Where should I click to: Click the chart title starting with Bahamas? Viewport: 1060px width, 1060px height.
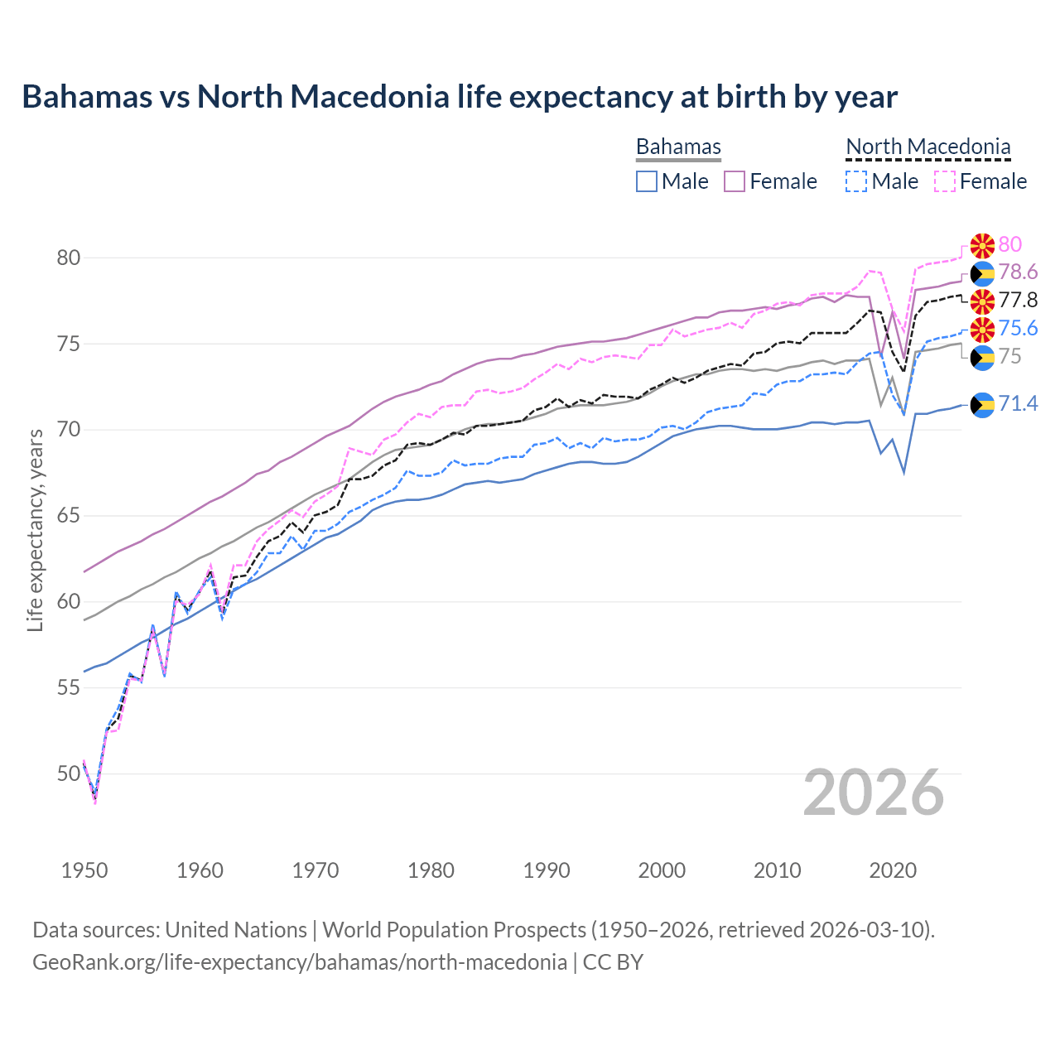(460, 97)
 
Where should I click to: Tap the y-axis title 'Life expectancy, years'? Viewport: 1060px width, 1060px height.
(35, 530)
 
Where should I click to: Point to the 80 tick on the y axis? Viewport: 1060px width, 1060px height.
(69, 258)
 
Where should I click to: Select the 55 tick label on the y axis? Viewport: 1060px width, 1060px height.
(69, 687)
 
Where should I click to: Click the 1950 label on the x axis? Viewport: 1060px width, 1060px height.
(84, 870)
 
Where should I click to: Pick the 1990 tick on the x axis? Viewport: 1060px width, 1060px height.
(547, 870)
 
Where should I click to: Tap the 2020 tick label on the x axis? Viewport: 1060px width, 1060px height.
(893, 870)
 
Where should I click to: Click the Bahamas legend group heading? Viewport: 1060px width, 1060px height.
(678, 147)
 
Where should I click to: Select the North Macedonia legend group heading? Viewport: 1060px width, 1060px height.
(927, 147)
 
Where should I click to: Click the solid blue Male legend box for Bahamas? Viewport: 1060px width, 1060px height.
(647, 181)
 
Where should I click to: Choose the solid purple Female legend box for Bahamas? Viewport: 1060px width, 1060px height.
(735, 181)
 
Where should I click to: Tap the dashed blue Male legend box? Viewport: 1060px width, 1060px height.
(856, 181)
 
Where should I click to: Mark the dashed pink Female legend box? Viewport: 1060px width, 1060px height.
(944, 181)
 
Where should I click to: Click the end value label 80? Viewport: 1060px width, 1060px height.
(1010, 244)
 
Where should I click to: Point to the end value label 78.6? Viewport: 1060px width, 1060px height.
(1018, 272)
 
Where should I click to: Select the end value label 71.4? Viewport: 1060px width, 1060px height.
(1018, 403)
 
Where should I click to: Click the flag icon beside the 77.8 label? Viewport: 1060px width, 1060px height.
(982, 301)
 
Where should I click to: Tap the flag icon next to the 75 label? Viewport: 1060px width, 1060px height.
(982, 357)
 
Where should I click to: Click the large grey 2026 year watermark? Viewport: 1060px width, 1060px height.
(874, 793)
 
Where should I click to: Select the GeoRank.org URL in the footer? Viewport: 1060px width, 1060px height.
(300, 962)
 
